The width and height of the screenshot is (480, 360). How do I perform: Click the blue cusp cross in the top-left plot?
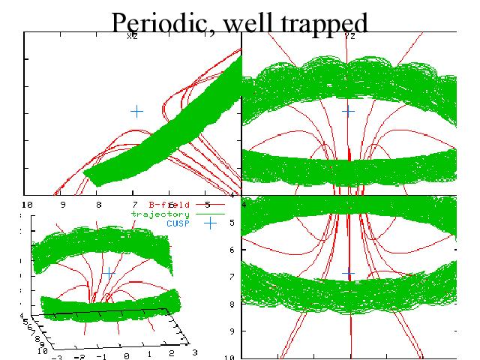[x=136, y=111]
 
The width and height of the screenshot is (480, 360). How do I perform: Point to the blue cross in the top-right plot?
[x=348, y=111]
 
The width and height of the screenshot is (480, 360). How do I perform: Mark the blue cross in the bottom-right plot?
[x=348, y=274]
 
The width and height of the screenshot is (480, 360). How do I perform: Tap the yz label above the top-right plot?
[x=349, y=35]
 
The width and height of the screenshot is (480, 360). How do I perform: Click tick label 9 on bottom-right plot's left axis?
[x=232, y=330]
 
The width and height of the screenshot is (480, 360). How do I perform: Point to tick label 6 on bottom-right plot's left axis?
[x=232, y=249]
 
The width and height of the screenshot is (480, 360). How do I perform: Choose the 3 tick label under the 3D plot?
[x=196, y=351]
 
